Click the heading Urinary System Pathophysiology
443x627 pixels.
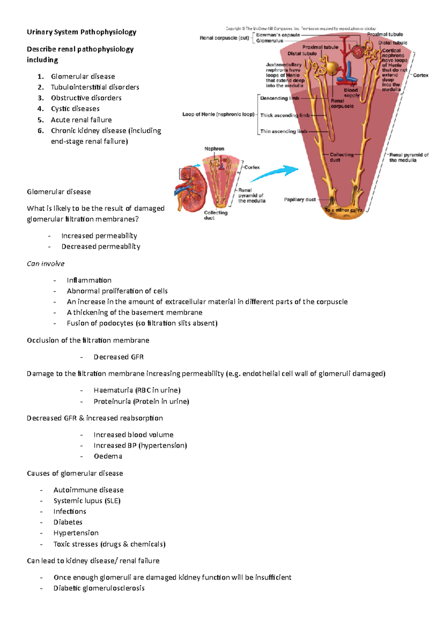click(82, 32)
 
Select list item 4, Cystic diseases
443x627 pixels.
click(75, 109)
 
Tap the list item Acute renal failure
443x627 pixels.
click(81, 120)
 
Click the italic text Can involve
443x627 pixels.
click(45, 264)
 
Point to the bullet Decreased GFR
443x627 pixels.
click(119, 357)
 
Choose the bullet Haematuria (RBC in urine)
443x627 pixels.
click(137, 390)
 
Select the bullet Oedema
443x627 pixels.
click(108, 456)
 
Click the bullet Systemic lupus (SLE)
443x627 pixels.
click(87, 501)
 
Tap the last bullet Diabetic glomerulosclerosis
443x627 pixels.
click(99, 588)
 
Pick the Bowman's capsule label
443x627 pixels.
click(278, 35)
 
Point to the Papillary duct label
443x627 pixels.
click(300, 200)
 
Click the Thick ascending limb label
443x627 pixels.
click(285, 115)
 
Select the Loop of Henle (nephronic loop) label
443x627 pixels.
click(218, 114)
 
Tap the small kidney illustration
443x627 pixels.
click(190, 189)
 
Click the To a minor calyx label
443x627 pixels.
click(343, 210)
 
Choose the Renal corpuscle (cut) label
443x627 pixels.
click(224, 38)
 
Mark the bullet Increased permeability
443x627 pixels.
click(99, 236)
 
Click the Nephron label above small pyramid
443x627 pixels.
click(214, 149)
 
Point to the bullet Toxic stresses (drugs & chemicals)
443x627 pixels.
click(109, 544)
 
